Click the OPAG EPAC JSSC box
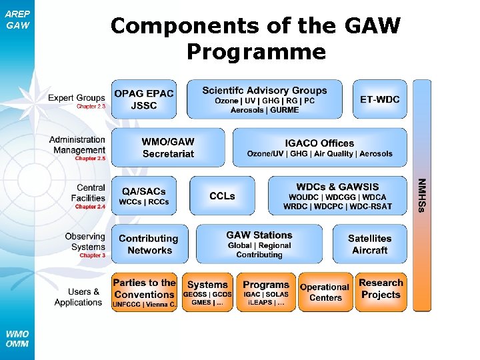coord(143,99)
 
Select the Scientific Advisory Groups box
coord(264,99)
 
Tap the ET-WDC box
coord(379,99)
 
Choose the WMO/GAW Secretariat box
coord(168,148)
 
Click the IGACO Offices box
coord(319,148)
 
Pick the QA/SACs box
coord(143,196)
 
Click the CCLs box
coord(222,196)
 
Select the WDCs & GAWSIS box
coord(337,196)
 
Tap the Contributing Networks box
coord(149,244)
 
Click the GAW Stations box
coord(259,244)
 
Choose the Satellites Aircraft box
coord(369,244)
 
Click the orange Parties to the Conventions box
coord(144,292)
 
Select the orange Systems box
coord(207,292)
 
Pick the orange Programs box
coord(266,292)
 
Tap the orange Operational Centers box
coord(325,292)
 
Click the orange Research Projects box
coord(381,292)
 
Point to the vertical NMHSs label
coord(421,195)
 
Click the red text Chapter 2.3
coord(91,107)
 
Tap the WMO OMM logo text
coord(17,339)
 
